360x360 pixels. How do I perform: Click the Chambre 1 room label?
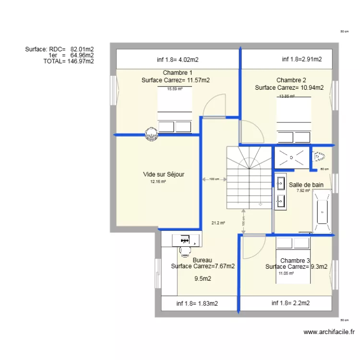click(175, 72)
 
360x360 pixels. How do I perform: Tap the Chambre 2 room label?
click(291, 80)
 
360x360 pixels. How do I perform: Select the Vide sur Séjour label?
click(163, 174)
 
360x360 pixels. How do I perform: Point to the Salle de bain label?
click(306, 184)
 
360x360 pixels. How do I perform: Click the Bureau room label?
click(202, 260)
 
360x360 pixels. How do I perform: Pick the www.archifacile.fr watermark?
click(329, 332)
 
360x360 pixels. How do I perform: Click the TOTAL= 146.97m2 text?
click(68, 61)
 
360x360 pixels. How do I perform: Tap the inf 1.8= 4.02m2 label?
click(178, 60)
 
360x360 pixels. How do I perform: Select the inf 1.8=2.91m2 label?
click(301, 60)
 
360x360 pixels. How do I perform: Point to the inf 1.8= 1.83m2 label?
click(197, 303)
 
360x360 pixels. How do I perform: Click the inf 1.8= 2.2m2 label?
click(290, 303)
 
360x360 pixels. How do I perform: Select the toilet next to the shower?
click(319, 156)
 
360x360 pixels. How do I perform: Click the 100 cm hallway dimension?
click(214, 180)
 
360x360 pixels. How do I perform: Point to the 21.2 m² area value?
click(218, 222)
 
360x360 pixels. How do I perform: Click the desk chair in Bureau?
click(185, 250)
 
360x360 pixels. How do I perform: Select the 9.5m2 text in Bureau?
click(203, 278)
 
